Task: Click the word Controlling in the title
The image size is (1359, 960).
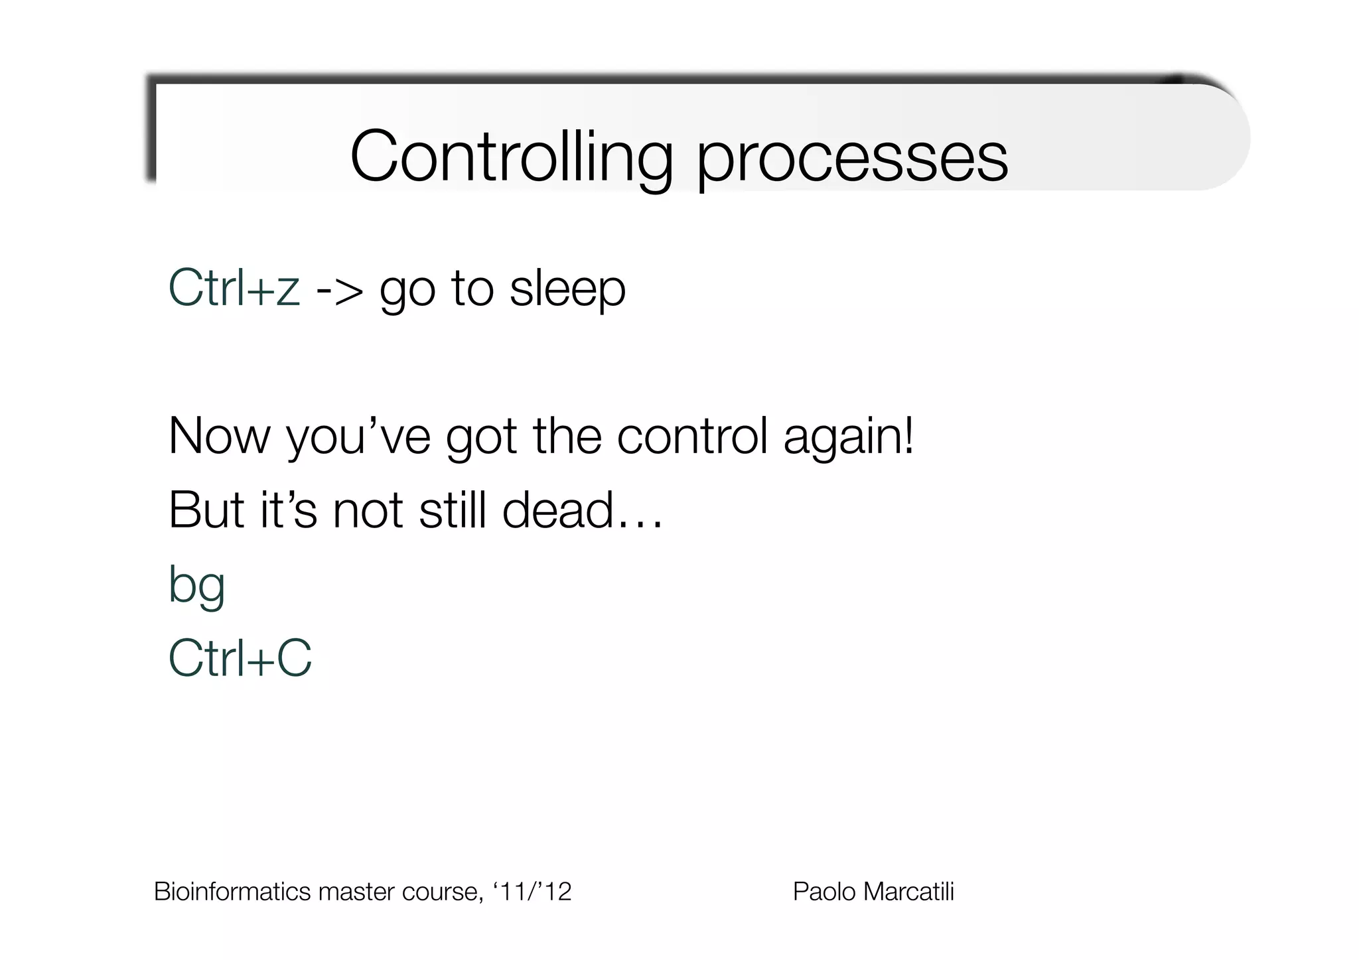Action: click(511, 157)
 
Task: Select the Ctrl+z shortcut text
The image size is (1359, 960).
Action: click(234, 288)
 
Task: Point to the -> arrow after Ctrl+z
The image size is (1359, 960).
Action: click(340, 289)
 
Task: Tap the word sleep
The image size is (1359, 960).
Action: click(567, 289)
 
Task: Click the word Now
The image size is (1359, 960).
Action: click(220, 436)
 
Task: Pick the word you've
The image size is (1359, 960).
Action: click(358, 437)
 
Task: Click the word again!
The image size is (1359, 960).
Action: click(849, 437)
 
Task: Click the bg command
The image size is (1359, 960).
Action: click(197, 585)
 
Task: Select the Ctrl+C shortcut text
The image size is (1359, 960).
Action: click(240, 658)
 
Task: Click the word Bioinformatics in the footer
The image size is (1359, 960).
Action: click(232, 892)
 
